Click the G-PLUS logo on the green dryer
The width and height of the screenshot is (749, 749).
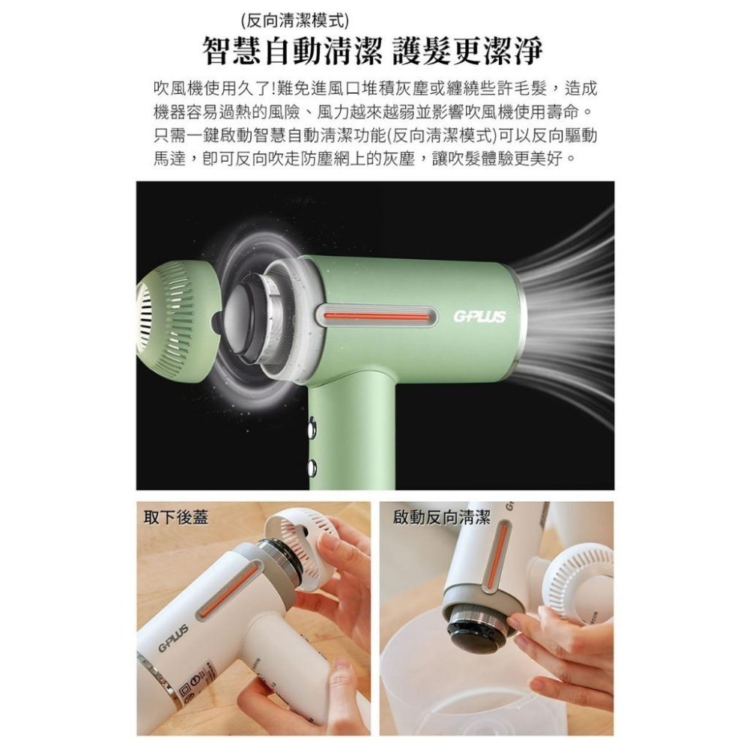pyautogui.click(x=479, y=317)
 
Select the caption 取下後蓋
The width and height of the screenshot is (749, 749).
pyautogui.click(x=176, y=517)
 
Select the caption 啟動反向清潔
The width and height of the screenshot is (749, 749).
pyautogui.click(x=442, y=517)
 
